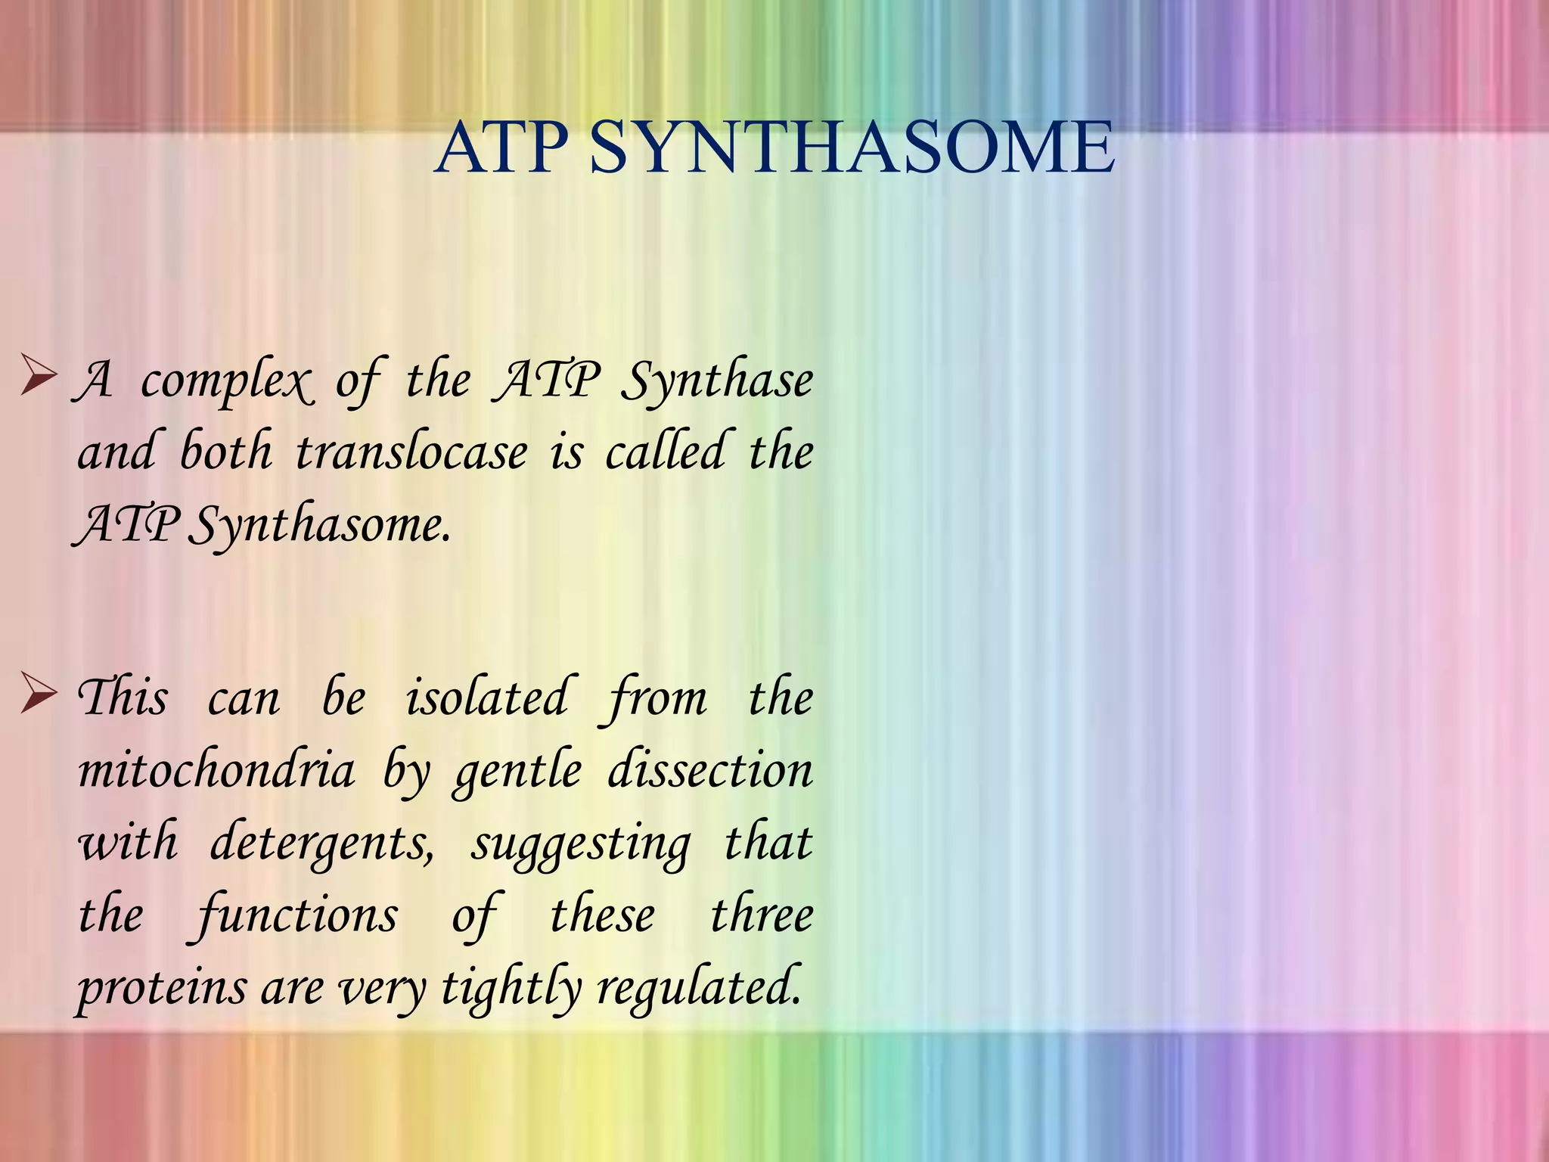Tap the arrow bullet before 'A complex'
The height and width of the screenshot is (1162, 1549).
[x=39, y=379]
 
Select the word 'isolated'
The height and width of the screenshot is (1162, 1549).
[x=486, y=698]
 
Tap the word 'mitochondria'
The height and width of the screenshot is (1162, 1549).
[x=216, y=771]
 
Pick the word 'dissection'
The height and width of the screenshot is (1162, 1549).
[x=710, y=771]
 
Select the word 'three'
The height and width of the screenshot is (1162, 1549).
[x=762, y=915]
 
